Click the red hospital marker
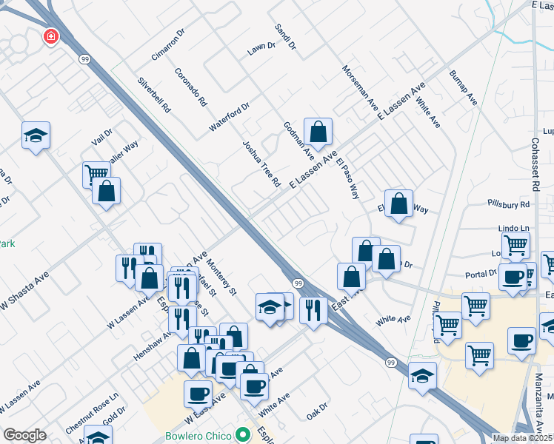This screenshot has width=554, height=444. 50,36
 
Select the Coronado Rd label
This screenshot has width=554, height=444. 190,87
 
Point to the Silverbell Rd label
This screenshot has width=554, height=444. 155,94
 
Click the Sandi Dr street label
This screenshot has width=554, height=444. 285,37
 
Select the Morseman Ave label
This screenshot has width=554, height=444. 360,88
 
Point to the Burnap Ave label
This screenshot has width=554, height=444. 464,87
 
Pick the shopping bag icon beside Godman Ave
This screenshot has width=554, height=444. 318,132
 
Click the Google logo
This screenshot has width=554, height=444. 24,435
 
